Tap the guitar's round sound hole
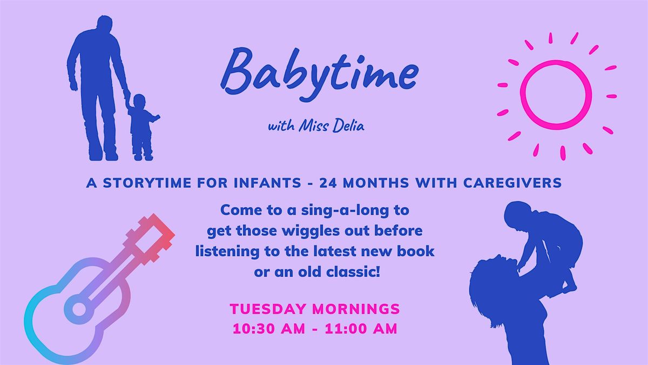coord(79,309)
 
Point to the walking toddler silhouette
coord(142,127)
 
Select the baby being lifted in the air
coord(543,238)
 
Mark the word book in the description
coord(420,252)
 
